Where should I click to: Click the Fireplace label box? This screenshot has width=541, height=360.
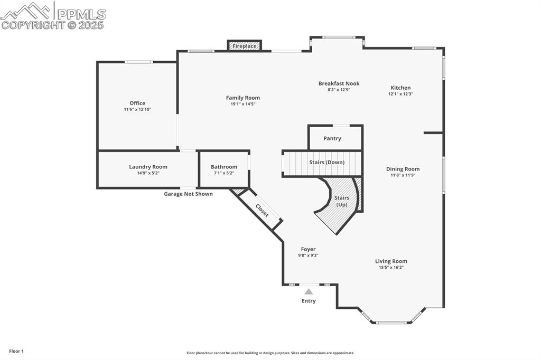point(245,46)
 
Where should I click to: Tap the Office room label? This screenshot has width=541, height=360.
point(137,103)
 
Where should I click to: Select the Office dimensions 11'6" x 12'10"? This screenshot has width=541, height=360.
point(137,110)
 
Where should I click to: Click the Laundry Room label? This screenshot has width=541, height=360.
point(148,167)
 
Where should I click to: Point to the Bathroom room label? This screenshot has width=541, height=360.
point(224,167)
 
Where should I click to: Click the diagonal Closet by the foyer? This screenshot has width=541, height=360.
point(262,211)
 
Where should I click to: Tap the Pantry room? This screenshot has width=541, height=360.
point(332,138)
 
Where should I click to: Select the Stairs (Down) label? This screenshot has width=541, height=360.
point(327,163)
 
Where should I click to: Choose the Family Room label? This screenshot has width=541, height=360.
point(243,98)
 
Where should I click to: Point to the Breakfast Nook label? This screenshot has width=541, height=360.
point(339,83)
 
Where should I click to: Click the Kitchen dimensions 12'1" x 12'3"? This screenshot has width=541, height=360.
point(400,94)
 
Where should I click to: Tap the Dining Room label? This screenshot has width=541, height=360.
point(403,169)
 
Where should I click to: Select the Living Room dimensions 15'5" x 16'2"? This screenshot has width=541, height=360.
point(391,268)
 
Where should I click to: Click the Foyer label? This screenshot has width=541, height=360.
point(308,249)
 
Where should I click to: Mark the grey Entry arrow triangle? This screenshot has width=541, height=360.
point(309,291)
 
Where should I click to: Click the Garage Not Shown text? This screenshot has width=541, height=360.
point(188,194)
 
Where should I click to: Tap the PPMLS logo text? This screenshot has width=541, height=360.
point(81,14)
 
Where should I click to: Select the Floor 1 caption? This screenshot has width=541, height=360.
point(16,351)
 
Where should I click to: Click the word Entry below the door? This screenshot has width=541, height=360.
point(309,301)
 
